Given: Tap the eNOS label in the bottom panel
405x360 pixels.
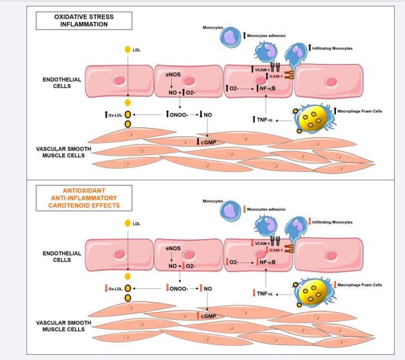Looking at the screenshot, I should (172, 248).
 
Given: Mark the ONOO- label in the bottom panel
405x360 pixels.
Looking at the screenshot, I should (178, 288).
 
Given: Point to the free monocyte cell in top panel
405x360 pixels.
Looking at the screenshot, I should (230, 38).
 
